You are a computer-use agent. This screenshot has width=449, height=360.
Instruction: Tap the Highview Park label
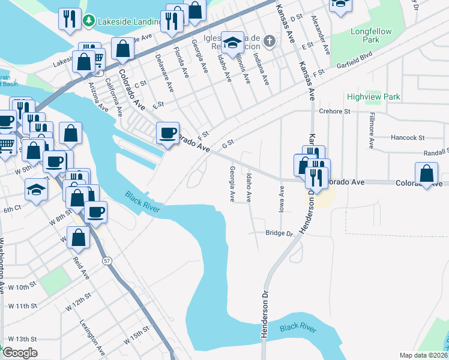373,97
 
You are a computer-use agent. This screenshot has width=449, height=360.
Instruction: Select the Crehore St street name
334,111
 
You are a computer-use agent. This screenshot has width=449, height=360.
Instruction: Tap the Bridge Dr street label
279,233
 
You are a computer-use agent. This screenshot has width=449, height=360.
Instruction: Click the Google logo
20,353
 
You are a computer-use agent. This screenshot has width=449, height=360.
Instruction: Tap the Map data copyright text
423,355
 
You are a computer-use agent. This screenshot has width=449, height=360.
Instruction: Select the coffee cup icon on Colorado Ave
167,133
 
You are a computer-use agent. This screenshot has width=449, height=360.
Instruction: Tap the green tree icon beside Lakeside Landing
89,21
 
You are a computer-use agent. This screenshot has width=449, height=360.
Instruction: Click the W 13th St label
22,339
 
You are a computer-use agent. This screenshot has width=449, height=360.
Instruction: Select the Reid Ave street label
80,268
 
